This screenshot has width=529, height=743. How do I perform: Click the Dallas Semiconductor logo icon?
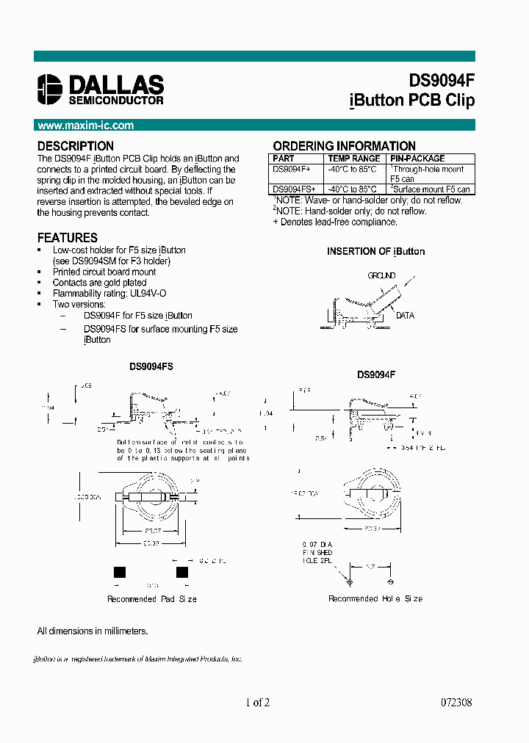click(x=49, y=88)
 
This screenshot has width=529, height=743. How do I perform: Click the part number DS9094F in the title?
click(x=441, y=81)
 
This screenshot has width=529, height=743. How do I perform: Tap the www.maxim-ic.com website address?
click(x=85, y=126)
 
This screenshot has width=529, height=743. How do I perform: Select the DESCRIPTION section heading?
click(x=76, y=146)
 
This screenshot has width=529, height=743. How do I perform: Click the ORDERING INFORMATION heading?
click(x=344, y=146)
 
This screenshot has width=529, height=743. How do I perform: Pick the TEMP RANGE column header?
click(x=354, y=159)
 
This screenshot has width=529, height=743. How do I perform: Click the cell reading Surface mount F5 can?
click(x=431, y=189)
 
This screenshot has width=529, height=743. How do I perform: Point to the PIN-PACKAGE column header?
click(x=417, y=159)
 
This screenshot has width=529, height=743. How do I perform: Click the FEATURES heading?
click(x=68, y=238)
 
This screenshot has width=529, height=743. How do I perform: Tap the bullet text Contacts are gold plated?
click(x=99, y=283)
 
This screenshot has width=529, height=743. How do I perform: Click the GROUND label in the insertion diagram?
click(x=381, y=276)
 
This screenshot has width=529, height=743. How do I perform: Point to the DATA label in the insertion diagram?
click(x=405, y=316)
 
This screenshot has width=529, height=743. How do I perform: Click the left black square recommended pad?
click(x=120, y=573)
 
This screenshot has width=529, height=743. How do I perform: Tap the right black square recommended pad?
click(x=182, y=573)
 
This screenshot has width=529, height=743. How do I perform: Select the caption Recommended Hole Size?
click(x=375, y=599)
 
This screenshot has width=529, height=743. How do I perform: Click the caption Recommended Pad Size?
click(x=152, y=599)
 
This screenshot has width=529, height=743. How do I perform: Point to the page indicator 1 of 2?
click(x=258, y=703)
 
